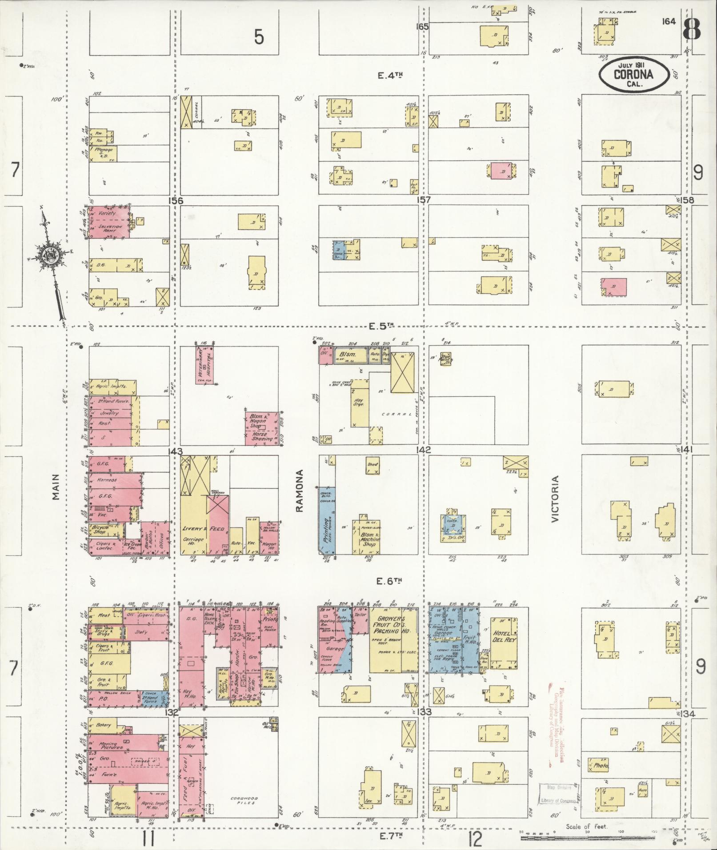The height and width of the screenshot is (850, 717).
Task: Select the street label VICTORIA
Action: (554, 499)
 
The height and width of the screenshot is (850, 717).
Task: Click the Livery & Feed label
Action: (198, 529)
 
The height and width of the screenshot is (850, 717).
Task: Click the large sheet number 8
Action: (692, 29)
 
